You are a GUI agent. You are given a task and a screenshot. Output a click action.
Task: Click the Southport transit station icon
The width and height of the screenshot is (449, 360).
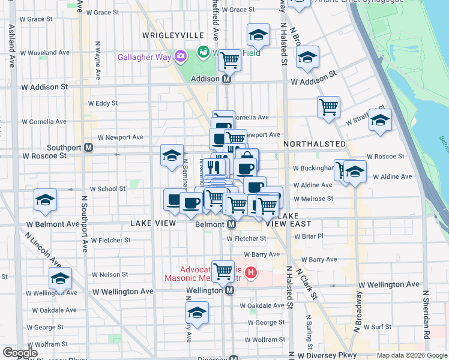(x=88, y=147)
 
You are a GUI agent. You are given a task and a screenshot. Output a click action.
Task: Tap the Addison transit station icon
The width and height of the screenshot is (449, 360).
(x=227, y=79)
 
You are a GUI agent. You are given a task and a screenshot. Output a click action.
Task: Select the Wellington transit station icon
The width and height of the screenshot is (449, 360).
(x=229, y=290)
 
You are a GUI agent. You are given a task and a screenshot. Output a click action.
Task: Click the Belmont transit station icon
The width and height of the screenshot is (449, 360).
(x=231, y=224)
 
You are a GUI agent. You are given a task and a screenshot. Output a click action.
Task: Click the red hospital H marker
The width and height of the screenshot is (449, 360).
(x=251, y=274)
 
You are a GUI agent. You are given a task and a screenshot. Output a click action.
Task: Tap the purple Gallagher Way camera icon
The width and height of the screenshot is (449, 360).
(x=180, y=56)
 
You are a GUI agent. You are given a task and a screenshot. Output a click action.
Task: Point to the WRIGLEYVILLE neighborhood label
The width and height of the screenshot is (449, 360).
(x=166, y=35)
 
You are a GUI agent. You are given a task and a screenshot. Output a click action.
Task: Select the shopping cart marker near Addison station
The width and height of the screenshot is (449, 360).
(x=229, y=59)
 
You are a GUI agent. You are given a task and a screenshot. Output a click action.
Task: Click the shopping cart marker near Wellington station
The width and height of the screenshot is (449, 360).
(x=223, y=271)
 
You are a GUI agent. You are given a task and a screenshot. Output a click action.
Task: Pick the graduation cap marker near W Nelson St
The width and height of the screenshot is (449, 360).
(x=60, y=278)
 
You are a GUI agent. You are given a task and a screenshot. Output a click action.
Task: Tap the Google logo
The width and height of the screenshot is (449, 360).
(x=20, y=353)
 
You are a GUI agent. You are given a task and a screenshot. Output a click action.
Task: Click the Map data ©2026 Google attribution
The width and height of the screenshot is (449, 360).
(x=411, y=355)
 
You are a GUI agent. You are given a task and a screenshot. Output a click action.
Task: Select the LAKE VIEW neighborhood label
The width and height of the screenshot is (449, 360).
(x=153, y=223)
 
